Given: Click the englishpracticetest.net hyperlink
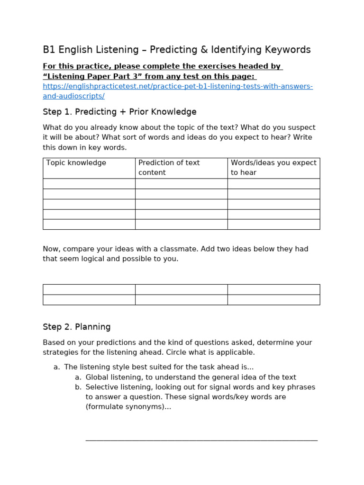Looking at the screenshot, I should (x=177, y=86).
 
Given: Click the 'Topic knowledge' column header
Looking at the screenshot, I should (x=76, y=163).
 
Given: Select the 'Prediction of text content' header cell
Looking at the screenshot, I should (x=169, y=168).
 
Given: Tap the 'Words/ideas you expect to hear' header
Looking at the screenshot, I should (x=273, y=168).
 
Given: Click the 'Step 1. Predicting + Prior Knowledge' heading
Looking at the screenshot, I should (x=119, y=112).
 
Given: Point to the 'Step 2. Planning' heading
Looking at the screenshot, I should (x=77, y=327).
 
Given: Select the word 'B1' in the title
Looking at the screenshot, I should (x=49, y=50).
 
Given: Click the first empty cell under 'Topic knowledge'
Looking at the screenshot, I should (x=89, y=184).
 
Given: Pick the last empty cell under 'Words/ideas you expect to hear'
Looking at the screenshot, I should (x=273, y=225).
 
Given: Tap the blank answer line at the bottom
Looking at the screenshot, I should (x=201, y=440).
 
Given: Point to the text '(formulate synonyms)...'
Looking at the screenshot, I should (x=128, y=407).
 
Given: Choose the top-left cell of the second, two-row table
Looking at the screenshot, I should (x=89, y=289).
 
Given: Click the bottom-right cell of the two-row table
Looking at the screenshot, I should (x=273, y=300).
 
